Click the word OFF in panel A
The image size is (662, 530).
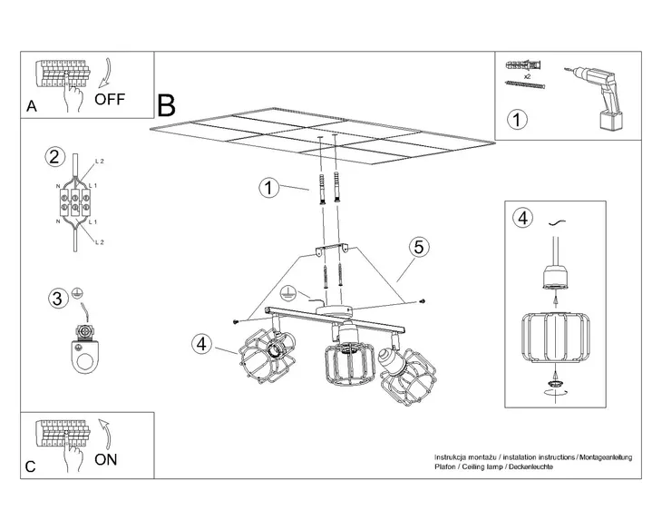112,99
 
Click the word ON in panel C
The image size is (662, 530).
106,458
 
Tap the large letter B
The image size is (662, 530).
166,105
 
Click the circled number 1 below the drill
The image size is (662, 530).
516,119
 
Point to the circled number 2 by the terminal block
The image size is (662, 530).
55,157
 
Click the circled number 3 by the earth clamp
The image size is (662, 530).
56,297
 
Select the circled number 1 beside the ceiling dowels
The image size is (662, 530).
268,188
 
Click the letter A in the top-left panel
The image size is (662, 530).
31,106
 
